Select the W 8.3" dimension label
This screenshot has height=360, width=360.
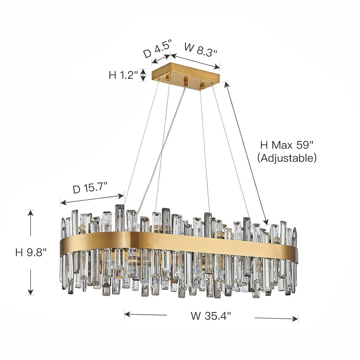(x=200, y=49)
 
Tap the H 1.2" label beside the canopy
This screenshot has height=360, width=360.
(x=123, y=75)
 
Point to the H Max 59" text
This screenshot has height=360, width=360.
(x=287, y=145)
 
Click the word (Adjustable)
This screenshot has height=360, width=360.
(x=287, y=158)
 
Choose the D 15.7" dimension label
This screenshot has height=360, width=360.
(x=90, y=189)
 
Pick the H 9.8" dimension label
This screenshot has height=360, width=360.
(x=31, y=252)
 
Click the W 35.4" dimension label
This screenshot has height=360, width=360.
(x=211, y=316)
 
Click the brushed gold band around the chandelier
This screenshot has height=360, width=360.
(x=180, y=240)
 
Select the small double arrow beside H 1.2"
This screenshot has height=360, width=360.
(x=143, y=75)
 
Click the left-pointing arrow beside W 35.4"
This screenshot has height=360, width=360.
(x=145, y=315)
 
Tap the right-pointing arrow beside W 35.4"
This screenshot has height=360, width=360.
(x=276, y=318)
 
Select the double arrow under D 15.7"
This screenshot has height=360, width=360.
(x=92, y=199)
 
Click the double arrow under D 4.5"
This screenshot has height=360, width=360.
(x=161, y=59)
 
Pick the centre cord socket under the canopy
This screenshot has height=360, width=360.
(x=186, y=81)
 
